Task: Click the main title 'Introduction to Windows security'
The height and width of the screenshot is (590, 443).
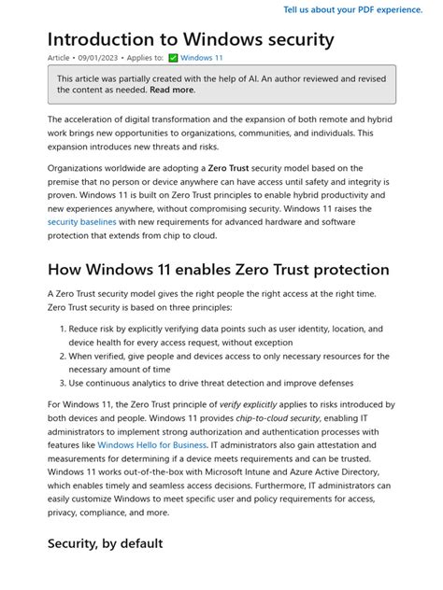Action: [x=191, y=39]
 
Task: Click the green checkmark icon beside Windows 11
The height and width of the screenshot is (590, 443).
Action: [x=173, y=58]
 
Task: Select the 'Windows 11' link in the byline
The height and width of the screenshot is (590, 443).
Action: [x=202, y=58]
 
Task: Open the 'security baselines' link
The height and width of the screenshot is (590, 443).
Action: [x=82, y=222]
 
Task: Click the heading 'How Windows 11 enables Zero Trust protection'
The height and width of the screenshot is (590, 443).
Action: [x=218, y=270]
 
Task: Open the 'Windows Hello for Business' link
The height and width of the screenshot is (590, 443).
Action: [x=151, y=445]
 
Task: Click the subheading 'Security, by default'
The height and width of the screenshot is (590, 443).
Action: [x=106, y=543]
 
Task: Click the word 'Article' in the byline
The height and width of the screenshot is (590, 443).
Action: [x=59, y=58]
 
